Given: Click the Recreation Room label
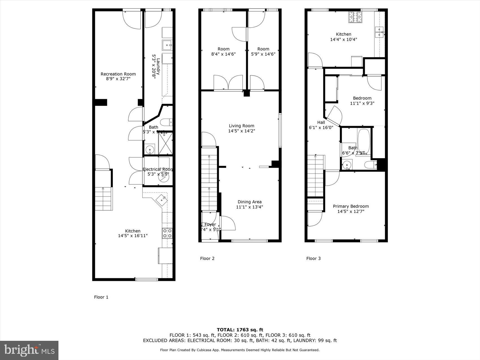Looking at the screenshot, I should click(x=118, y=74).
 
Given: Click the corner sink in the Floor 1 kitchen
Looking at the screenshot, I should click(x=162, y=199).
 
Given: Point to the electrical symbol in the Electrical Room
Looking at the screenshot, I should click(x=163, y=178).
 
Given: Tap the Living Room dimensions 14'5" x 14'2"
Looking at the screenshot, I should click(x=241, y=131).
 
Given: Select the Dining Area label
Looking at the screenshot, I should click(x=249, y=202).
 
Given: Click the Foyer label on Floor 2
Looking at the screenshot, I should click(x=210, y=224).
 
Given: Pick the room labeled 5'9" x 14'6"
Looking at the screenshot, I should click(x=263, y=51).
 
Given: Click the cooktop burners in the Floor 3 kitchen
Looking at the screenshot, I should click(x=355, y=17).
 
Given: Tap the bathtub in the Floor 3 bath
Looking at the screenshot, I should click(x=363, y=140).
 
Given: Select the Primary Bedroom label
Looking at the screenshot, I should click(x=351, y=206).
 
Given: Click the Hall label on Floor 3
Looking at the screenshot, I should click(x=321, y=122).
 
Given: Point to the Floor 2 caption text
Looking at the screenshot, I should click(x=207, y=258).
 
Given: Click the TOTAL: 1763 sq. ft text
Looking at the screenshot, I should click(x=240, y=330).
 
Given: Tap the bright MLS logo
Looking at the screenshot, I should click(x=29, y=350).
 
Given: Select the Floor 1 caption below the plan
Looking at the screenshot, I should click(x=101, y=297).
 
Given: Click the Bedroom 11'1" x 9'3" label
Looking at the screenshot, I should click(x=362, y=101).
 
